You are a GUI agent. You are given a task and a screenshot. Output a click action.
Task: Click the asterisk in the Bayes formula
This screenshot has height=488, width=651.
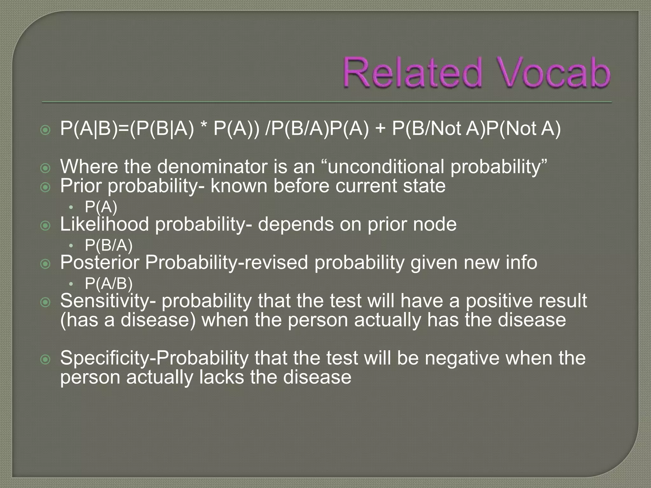pos(203,128)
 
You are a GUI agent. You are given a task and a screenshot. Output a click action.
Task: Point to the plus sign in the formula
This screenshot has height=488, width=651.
pos(380,129)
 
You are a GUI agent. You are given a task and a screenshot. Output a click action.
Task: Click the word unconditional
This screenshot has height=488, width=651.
pos(386,166)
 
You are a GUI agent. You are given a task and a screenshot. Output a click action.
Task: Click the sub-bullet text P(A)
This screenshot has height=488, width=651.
pos(101,207)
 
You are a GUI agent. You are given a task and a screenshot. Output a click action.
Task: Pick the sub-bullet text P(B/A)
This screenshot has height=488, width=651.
pos(108,245)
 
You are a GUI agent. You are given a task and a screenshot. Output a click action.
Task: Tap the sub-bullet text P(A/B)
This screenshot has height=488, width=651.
pos(108,283)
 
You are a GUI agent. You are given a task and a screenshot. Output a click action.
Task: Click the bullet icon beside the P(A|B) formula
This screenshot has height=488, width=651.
pos(46,130)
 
